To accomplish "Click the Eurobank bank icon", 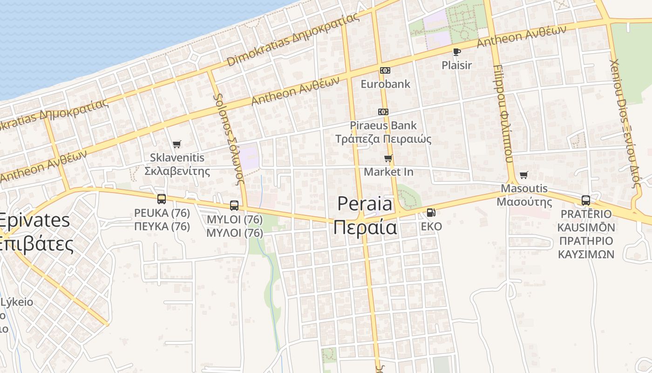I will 385,70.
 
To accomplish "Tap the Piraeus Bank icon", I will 383,112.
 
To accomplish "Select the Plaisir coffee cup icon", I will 456,52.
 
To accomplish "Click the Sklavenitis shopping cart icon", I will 177,144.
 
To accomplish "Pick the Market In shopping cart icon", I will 388,159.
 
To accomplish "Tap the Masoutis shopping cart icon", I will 524,175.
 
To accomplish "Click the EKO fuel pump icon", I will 431,213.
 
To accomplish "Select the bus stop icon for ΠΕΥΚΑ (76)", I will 162,199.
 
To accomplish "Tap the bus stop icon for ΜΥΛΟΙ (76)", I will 234,206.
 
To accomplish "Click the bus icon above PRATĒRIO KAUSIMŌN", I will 586,200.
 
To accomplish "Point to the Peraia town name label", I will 365,215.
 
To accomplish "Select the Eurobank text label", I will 386,84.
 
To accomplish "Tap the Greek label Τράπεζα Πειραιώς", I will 383,139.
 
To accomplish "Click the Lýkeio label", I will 17,302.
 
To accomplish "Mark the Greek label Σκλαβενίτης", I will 177,171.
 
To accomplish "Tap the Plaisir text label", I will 456,65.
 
